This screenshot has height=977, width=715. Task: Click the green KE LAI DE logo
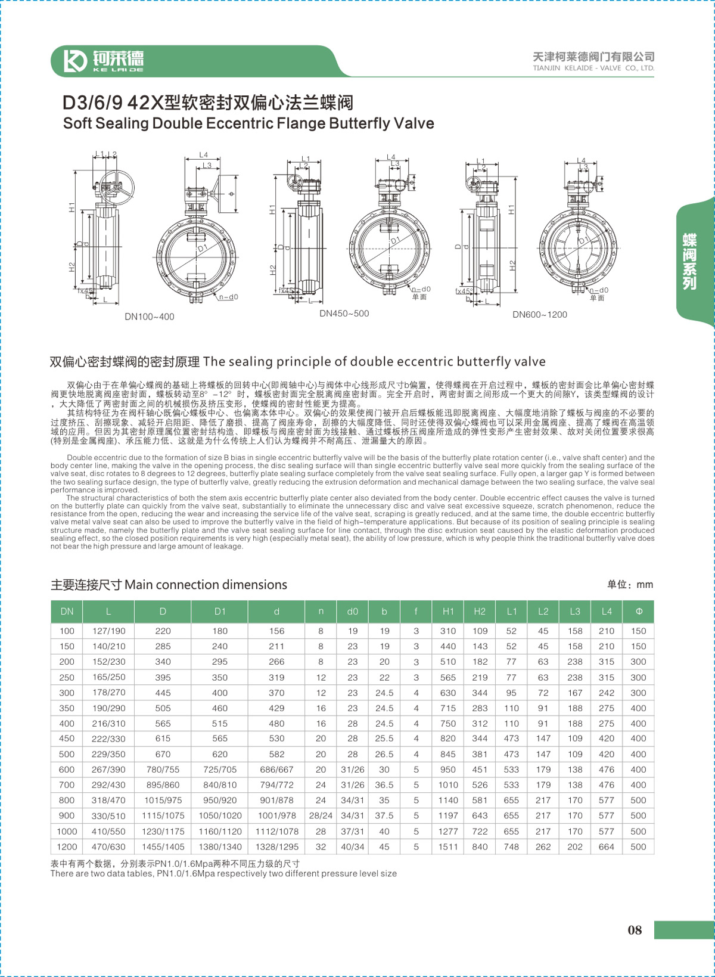[105, 61]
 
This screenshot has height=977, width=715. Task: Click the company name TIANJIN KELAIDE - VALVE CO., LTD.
[593, 68]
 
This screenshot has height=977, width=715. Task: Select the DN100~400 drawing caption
[149, 317]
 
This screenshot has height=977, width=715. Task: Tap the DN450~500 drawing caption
[344, 314]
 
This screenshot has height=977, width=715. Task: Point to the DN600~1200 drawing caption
[540, 314]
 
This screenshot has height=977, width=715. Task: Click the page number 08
[635, 930]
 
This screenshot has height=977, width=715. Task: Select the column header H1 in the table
[448, 611]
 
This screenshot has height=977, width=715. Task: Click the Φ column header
[638, 611]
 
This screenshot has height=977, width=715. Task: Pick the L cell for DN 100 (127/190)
[108, 631]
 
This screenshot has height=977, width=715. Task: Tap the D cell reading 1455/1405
[163, 846]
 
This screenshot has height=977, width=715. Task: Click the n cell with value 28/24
[321, 815]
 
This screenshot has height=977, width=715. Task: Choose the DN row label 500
[67, 754]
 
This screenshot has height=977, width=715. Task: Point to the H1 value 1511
[448, 846]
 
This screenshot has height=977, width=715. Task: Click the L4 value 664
[606, 846]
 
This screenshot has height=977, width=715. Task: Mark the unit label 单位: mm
[630, 585]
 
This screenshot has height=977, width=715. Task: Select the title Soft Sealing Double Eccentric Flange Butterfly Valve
[248, 123]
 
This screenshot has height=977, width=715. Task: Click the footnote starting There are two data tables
[223, 873]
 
